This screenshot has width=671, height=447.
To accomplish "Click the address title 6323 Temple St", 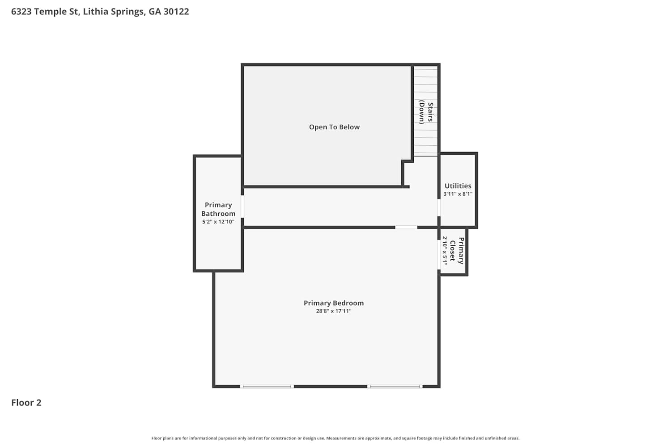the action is [x=45, y=12].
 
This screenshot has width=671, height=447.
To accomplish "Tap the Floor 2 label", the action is [x=26, y=402].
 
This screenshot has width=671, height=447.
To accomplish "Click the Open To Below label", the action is [x=334, y=127].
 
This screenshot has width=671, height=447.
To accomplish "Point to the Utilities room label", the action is [x=458, y=186].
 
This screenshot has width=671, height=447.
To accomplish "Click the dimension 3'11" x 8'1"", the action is [x=458, y=194].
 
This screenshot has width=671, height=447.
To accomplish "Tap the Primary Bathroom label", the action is [x=218, y=209].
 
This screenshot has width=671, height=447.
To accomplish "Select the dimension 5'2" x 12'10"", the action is [x=218, y=222].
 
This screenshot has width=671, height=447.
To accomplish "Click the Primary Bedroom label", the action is [x=334, y=303].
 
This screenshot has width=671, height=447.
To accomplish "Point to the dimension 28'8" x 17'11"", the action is [x=334, y=311].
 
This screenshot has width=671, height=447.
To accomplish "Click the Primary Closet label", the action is [x=457, y=251].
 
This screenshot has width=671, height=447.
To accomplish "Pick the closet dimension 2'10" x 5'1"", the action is [x=445, y=251].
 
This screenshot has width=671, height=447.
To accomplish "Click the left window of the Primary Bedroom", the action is [x=267, y=387].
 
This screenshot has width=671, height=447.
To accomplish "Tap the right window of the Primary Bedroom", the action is [x=395, y=387].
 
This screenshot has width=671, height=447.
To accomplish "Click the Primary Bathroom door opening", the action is [x=242, y=207].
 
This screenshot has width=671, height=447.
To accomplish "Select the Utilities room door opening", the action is [x=439, y=207].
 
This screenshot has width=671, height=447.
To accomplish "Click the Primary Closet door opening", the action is [x=439, y=254].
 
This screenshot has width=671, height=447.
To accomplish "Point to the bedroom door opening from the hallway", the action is [x=406, y=227].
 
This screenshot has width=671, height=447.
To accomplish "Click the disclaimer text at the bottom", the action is [x=335, y=438].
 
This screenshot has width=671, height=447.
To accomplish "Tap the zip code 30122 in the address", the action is [x=176, y=12].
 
